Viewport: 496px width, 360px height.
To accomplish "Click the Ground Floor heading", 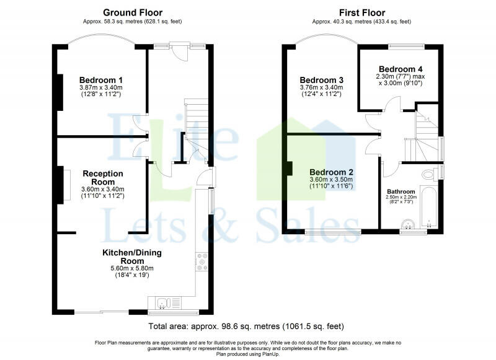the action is [x=133, y=12].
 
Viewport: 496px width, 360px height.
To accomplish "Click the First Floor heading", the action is [x=362, y=12].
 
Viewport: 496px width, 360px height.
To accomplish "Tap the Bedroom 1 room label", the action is [x=101, y=80].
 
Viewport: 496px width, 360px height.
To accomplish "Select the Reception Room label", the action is [x=103, y=178].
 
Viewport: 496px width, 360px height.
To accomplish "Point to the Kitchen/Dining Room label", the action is [x=132, y=257].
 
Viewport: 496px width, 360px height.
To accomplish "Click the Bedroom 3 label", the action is [x=321, y=80].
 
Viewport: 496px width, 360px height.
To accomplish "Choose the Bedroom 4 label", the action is [x=401, y=69].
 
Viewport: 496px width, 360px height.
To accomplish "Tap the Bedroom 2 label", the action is [x=331, y=172].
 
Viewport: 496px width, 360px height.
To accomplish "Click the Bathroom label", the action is [x=401, y=191].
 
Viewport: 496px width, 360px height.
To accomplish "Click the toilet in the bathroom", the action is [x=429, y=174].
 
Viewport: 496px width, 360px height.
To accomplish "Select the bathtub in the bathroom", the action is [x=429, y=208].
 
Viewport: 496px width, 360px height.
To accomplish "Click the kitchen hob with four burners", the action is [x=202, y=262].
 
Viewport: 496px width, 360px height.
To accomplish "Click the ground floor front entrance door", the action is [x=183, y=52].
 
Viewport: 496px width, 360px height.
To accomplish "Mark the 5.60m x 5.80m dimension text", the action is [x=132, y=268].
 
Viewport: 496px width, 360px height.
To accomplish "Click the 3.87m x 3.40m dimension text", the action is [x=101, y=87].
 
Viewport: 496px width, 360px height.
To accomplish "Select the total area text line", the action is [x=246, y=326].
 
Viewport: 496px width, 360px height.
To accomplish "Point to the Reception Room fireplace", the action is [x=67, y=185].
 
